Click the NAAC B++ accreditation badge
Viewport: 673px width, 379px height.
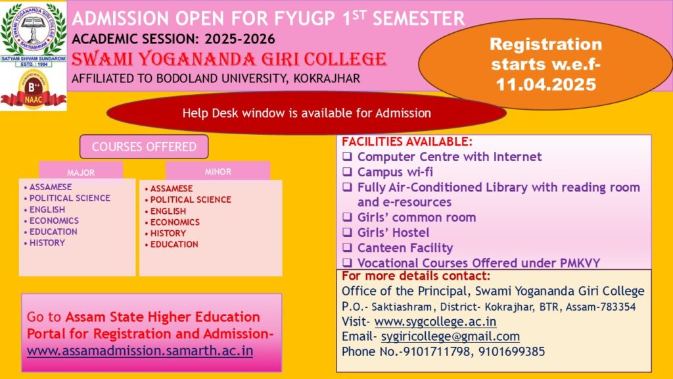point(33,89)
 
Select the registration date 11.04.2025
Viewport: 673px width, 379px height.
point(546,84)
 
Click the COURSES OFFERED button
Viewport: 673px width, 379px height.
point(144,147)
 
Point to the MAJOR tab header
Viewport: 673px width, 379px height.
point(81,172)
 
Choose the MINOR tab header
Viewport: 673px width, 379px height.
point(218,172)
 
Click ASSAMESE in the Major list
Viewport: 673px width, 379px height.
point(50,187)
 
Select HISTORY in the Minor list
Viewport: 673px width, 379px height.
point(168,234)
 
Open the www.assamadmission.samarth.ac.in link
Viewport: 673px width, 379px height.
point(140,351)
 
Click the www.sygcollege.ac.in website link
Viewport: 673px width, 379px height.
point(435,321)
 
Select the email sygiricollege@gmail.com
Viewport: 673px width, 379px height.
point(450,336)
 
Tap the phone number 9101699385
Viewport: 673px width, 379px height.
point(511,351)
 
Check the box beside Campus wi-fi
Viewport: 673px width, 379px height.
point(347,172)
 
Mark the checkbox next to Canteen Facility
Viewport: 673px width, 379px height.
point(347,247)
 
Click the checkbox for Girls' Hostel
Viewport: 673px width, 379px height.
point(347,232)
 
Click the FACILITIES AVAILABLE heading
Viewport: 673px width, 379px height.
point(407,142)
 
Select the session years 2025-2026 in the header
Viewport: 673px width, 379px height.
point(240,39)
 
